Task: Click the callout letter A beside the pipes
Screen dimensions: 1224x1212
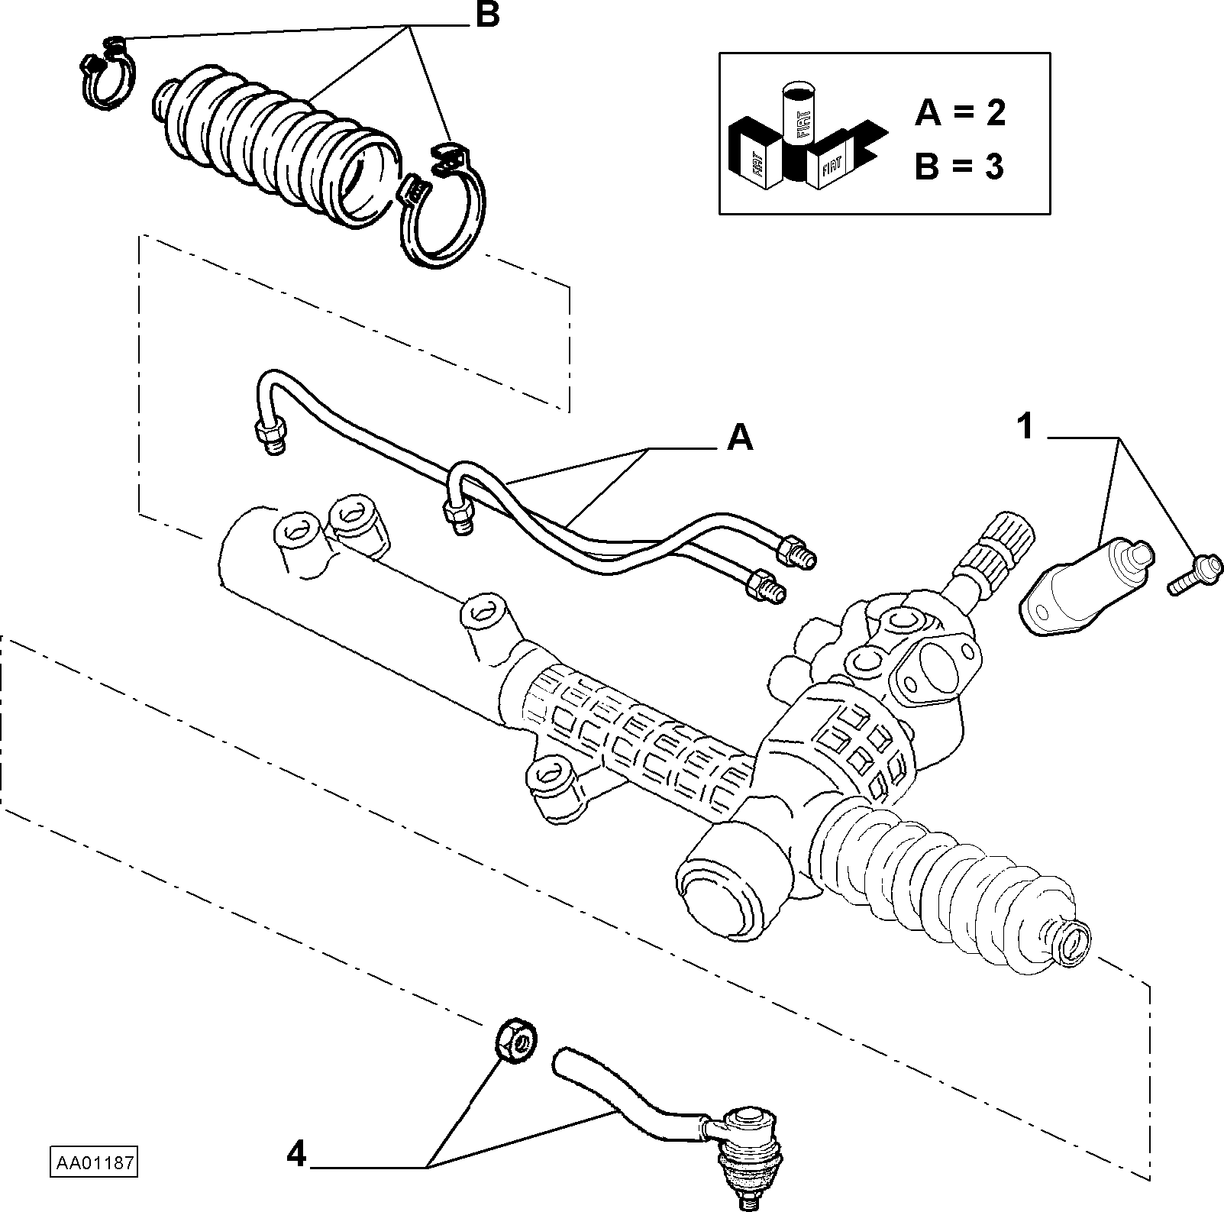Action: pyautogui.click(x=739, y=438)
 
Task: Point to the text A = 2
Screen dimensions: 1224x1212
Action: pyautogui.click(x=961, y=114)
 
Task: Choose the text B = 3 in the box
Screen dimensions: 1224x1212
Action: pyautogui.click(x=959, y=166)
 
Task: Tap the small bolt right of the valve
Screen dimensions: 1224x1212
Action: pyautogui.click(x=1196, y=570)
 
